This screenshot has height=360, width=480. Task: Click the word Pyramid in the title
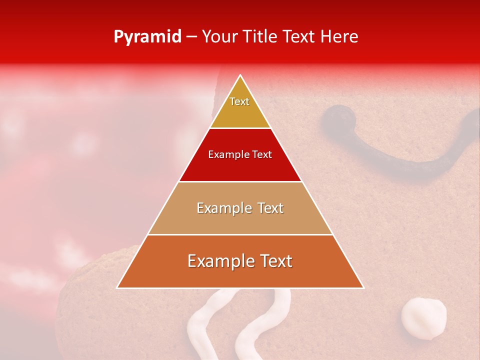147,37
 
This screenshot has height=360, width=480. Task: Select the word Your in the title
219,37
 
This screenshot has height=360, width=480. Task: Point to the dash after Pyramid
191,37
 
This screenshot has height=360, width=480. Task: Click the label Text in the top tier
239,101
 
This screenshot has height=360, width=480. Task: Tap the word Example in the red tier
225,154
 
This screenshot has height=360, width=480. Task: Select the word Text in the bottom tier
274,261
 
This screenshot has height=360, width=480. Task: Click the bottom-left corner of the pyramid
117,287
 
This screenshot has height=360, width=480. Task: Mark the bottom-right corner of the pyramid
363,287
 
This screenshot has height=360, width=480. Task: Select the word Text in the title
299,37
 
